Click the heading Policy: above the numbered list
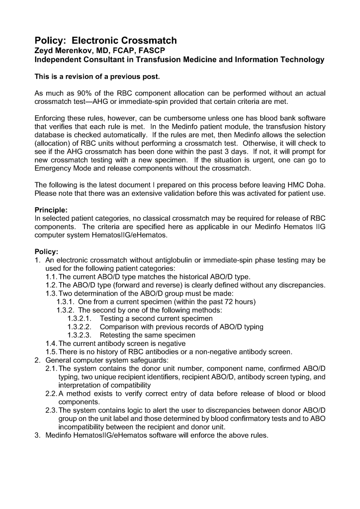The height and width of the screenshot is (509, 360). [46, 252]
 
